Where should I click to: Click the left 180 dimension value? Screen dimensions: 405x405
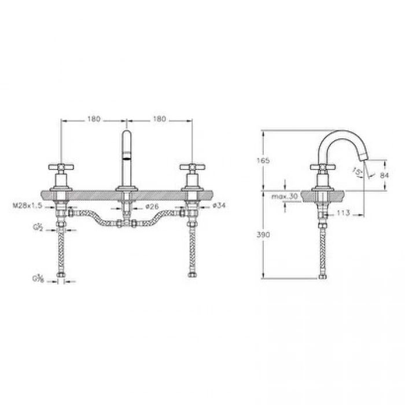94,119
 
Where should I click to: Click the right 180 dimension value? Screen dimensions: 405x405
159,119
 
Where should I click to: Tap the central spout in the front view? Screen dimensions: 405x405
126,156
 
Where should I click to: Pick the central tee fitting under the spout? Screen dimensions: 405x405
126,223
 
